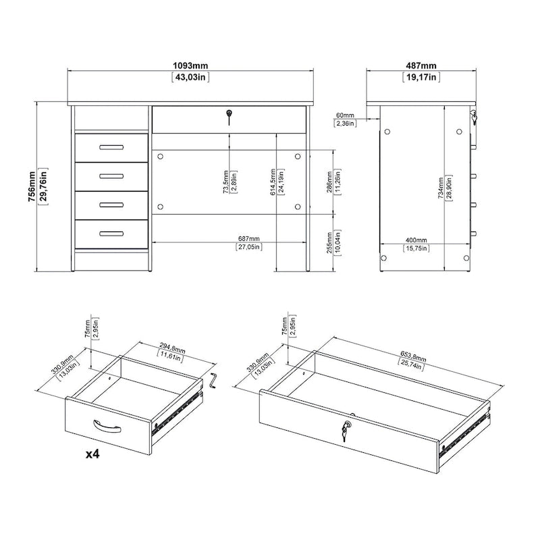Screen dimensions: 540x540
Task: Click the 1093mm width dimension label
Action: (x=190, y=65)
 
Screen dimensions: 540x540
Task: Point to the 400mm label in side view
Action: (x=416, y=240)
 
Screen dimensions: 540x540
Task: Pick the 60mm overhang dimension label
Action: (x=346, y=115)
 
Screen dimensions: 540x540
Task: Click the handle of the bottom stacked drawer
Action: (x=111, y=234)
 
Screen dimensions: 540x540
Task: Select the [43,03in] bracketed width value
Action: (x=190, y=78)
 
